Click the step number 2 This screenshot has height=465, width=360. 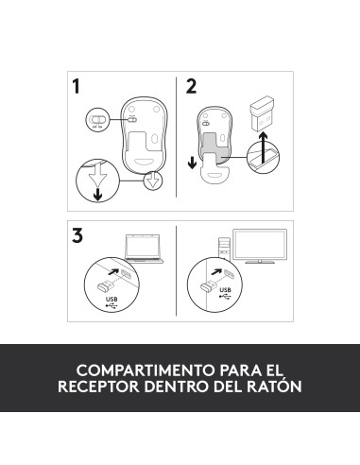[x=192, y=87]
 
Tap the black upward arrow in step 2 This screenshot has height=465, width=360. [x=266, y=150]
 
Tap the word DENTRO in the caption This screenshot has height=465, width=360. [x=174, y=387]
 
